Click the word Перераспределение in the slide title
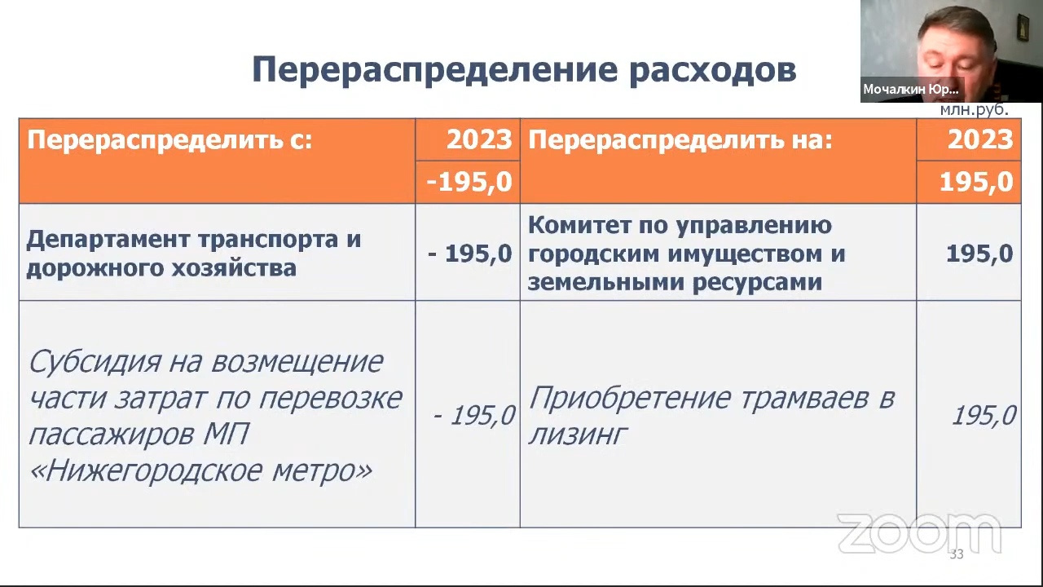click(x=435, y=70)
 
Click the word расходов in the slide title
click(x=713, y=70)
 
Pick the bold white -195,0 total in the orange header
click(x=469, y=182)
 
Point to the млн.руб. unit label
click(x=974, y=110)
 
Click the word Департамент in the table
click(x=108, y=240)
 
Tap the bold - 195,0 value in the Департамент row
click(x=469, y=254)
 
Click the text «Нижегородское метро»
click(x=200, y=471)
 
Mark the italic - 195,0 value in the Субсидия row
click(x=473, y=415)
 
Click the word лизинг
click(x=578, y=435)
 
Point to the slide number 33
click(x=957, y=554)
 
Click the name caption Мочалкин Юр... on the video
click(x=911, y=89)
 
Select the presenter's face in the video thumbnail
click(x=954, y=51)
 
